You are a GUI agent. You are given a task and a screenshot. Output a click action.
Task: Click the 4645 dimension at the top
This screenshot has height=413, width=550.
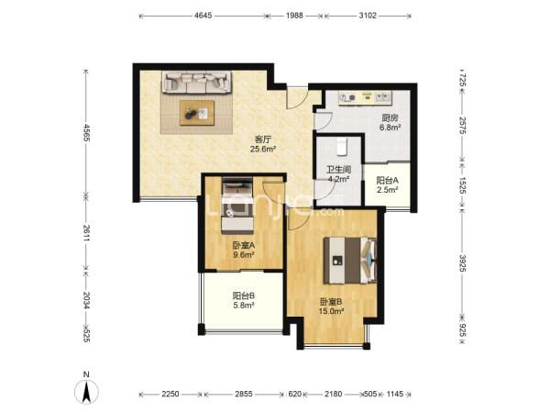pos(203,16)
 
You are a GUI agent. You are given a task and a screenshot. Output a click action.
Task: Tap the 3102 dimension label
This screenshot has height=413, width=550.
pos(368,16)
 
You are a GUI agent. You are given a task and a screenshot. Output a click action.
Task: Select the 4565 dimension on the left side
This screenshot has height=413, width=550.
pos(86,133)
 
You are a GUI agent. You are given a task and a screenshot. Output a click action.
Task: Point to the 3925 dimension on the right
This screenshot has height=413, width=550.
pos(462,263)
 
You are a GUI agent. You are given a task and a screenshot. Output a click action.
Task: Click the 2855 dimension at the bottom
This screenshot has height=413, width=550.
pos(244,394)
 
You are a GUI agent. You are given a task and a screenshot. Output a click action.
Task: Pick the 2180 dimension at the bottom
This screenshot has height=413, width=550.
pos(333,394)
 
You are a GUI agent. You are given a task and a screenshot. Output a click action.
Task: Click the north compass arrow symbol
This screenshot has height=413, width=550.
pos(86,391)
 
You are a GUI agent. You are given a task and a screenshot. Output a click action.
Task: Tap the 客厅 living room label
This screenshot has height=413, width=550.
pos(263,140)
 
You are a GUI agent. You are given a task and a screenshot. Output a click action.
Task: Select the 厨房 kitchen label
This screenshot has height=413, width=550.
pos(390,118)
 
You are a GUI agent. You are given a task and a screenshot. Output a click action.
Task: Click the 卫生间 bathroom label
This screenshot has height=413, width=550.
pos(339,170)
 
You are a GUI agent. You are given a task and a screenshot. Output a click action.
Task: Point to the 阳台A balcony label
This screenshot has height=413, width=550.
pos(387,181)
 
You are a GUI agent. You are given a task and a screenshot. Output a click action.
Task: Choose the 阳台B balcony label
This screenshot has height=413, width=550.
pos(244,296)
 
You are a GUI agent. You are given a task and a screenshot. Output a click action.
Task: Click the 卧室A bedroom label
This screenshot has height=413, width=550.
pos(244,245)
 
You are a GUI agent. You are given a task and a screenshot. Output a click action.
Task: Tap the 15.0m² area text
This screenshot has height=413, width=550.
pos(331,311)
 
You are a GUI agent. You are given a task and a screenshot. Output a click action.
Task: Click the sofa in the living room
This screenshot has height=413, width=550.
pos(197,83)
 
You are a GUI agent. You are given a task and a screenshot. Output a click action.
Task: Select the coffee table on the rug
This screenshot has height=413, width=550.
pos(197,113)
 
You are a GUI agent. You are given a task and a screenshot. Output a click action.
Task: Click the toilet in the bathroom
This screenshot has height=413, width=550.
pos(341,147)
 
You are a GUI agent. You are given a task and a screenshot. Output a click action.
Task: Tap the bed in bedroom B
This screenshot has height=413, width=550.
pos(350,261)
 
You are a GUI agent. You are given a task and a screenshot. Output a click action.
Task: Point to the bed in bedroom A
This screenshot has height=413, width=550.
pos(237,206)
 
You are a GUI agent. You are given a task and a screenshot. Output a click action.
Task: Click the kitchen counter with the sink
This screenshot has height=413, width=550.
pos(365,98)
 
